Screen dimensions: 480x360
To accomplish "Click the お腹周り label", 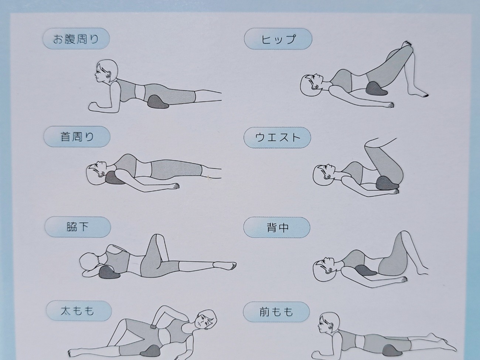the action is coord(76,40).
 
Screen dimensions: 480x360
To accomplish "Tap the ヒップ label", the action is coord(278,40).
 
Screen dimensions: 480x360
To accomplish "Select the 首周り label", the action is coord(77,137).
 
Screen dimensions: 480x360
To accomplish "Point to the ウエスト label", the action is coord(278,137).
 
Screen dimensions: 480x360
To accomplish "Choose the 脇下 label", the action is coord(78,227).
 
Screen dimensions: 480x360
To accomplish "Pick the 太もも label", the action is coord(77,311).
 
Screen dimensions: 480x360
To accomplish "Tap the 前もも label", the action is coord(276,312).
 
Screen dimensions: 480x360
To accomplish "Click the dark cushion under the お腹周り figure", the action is coord(158,102).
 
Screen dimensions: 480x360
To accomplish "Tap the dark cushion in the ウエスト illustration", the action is coord(387,184).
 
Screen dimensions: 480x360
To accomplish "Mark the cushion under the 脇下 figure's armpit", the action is coord(109,272).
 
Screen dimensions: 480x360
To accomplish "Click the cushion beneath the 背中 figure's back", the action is coord(365,271).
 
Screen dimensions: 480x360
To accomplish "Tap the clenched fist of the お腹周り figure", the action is coord(93,106).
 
